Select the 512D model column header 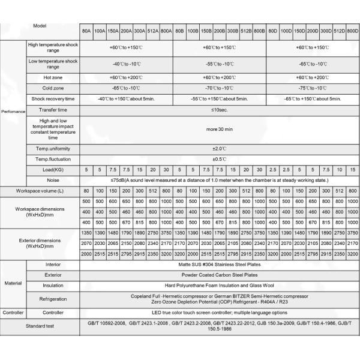339,29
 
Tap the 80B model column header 179,29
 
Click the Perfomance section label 13,112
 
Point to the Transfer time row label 53,110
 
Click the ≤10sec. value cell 218,110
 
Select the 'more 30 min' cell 218,129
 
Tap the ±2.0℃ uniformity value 218,148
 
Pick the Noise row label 53,180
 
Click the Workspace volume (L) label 40,190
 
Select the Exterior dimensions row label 40,243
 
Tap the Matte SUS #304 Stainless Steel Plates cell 218,264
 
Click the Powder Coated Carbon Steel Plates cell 218,275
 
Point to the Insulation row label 53,286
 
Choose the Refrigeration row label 53,299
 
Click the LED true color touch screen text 218,313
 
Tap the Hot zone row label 53,77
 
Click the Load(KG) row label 53,170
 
